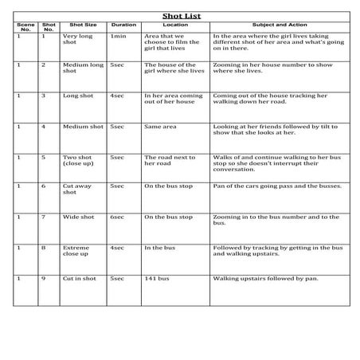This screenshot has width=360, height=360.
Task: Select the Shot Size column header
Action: point(83,25)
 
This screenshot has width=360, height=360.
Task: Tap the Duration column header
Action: point(123,25)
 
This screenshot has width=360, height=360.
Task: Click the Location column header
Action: point(175,25)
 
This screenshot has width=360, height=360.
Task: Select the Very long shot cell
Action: point(79,40)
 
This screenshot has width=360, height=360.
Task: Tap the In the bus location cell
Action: point(159,248)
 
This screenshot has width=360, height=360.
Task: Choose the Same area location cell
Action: point(159,126)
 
